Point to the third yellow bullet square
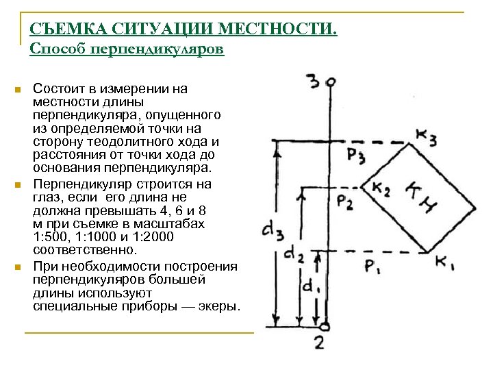click(x=18, y=267)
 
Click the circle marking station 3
click(x=330, y=83)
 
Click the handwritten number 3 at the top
click(x=314, y=82)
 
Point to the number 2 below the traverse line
click(x=320, y=343)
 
